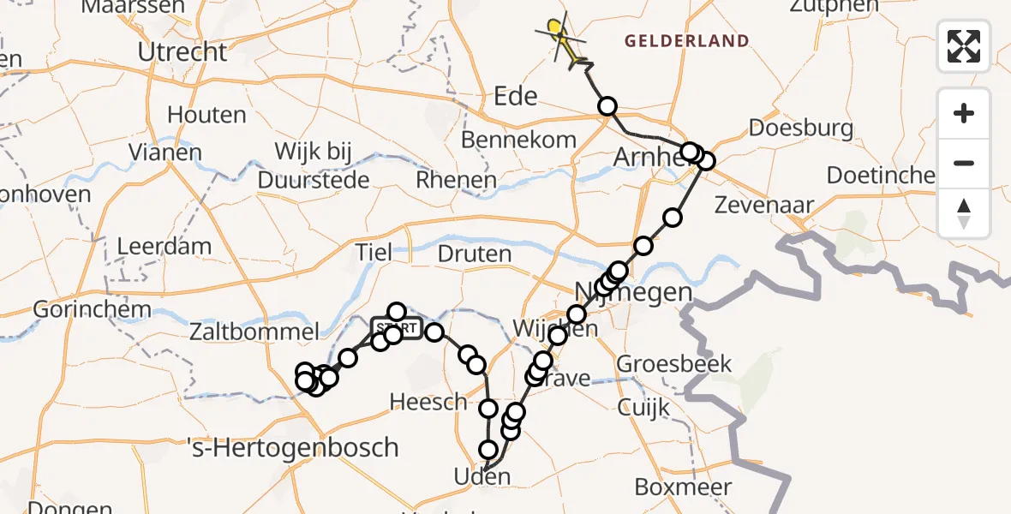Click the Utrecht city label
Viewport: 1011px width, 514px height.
[182, 52]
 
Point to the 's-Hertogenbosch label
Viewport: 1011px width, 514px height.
[293, 446]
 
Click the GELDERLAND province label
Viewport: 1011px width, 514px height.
[686, 41]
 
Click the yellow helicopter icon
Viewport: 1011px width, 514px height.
[558, 33]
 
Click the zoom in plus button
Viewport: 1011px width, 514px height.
[964, 113]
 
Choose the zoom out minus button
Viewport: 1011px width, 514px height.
[964, 163]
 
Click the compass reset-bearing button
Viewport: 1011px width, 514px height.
[964, 212]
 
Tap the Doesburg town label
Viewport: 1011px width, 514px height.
[800, 128]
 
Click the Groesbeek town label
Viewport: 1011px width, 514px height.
[674, 364]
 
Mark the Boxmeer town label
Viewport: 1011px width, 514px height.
[683, 487]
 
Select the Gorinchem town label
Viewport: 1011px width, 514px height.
[93, 308]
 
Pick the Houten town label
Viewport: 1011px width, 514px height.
[206, 115]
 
